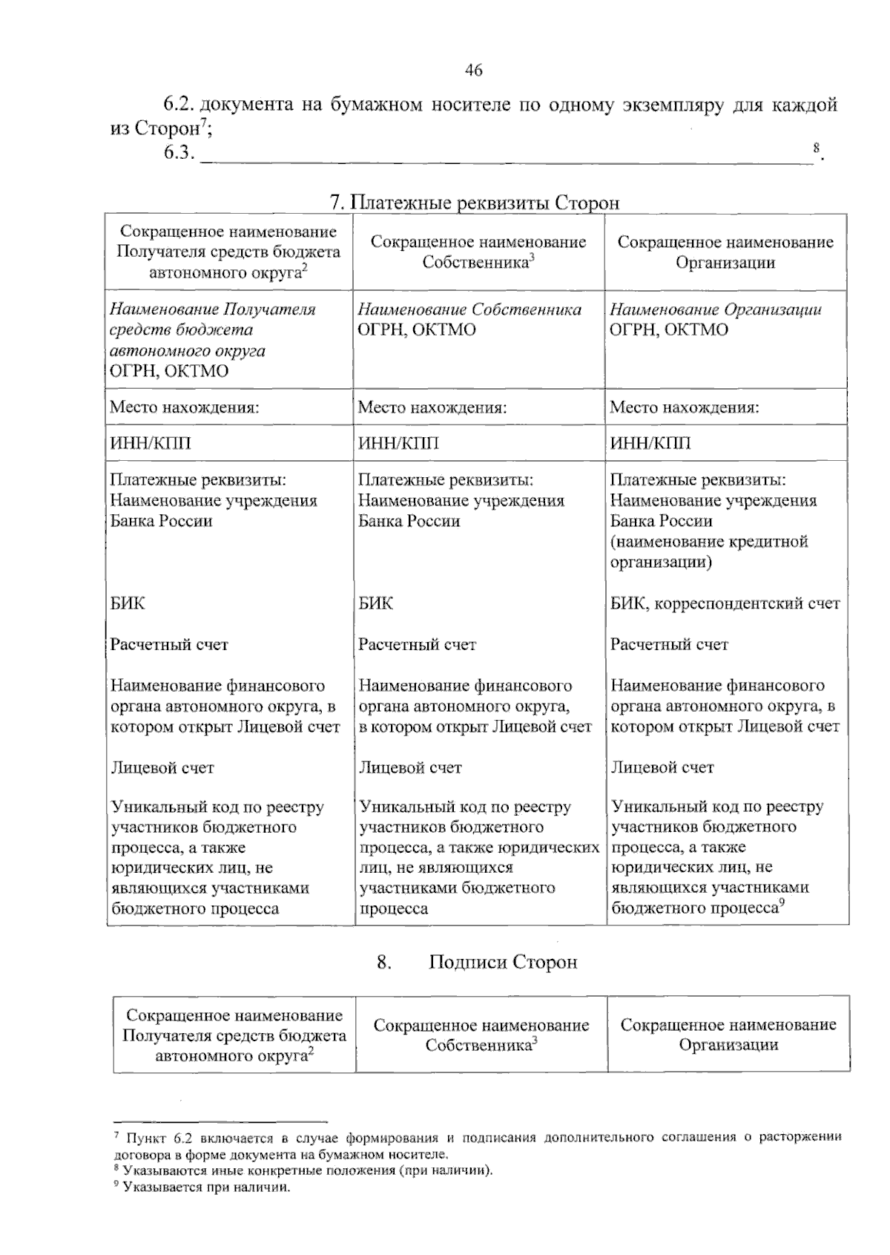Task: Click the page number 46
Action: (473, 71)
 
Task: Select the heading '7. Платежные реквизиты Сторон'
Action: (474, 203)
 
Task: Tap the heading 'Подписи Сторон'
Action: (503, 963)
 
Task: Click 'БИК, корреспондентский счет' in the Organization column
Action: (725, 603)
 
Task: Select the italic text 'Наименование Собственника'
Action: (469, 309)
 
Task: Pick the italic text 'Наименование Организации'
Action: (715, 309)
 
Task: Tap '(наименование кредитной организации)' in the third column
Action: (708, 551)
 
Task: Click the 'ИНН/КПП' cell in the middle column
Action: (398, 443)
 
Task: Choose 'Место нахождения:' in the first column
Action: (184, 407)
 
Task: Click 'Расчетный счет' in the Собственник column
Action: (417, 645)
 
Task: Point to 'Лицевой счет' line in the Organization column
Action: (662, 767)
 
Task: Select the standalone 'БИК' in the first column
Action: (128, 603)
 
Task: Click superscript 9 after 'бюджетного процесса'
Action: (782, 902)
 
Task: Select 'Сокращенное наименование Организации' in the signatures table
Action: (728, 1035)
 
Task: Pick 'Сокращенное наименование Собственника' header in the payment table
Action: (478, 252)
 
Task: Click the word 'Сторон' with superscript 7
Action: (167, 128)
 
